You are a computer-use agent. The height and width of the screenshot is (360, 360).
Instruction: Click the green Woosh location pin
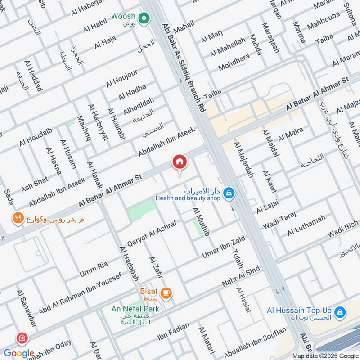click(x=144, y=18)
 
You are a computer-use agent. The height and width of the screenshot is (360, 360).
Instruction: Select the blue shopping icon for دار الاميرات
click(x=229, y=193)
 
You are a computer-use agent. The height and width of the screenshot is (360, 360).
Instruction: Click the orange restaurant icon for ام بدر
click(x=18, y=219)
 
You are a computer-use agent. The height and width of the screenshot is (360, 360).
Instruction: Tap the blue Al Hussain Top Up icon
click(x=341, y=311)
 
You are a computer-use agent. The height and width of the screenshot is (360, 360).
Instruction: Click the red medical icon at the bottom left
click(x=21, y=338)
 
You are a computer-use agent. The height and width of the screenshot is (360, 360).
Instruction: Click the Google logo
click(x=19, y=353)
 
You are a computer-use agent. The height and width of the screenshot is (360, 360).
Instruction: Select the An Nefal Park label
click(x=135, y=309)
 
